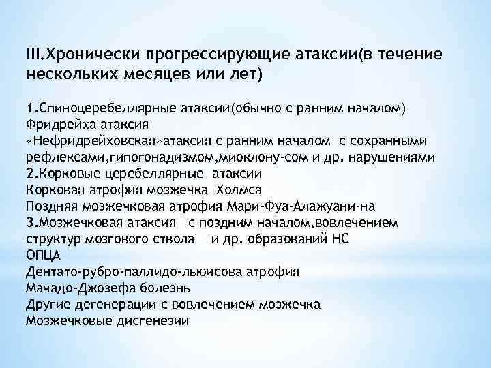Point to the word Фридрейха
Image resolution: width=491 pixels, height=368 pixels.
coord(55,125)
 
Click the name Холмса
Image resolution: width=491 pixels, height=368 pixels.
coord(239,189)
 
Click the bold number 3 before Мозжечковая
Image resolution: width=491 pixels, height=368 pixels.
coord(29,222)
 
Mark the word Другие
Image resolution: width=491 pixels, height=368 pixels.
coord(47,304)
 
